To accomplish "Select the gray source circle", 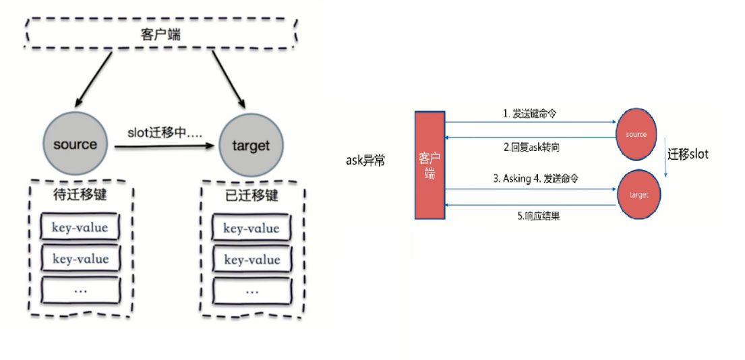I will (75, 144).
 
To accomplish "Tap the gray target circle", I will (250, 146).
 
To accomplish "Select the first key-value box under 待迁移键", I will (80, 227).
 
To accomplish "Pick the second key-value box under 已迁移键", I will (251, 260).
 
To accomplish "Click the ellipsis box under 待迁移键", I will (80, 290).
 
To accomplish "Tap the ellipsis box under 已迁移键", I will (251, 291).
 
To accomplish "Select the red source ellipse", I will (636, 135).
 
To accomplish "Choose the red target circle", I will (638, 196).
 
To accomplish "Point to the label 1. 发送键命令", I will (530, 114).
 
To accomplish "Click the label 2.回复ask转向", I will (531, 147).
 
